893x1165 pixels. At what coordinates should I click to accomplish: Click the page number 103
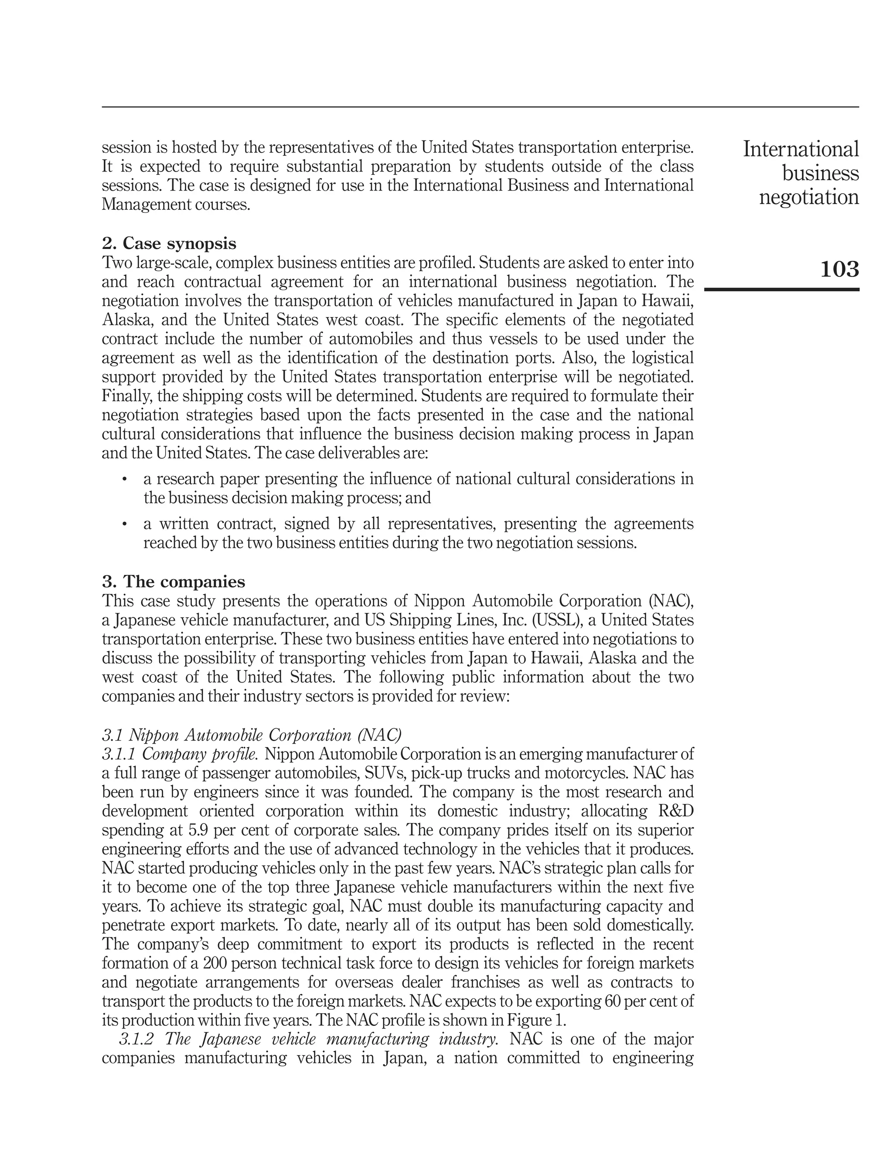(839, 270)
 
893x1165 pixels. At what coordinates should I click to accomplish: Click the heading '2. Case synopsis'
(169, 243)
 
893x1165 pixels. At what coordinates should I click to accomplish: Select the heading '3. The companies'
(173, 582)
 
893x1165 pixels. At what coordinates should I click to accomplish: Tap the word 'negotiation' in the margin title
(808, 197)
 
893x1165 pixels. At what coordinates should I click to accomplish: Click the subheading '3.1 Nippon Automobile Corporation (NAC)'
(252, 735)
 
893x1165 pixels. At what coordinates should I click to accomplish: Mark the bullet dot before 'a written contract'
(124, 524)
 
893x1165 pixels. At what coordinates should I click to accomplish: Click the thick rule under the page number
(781, 290)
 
